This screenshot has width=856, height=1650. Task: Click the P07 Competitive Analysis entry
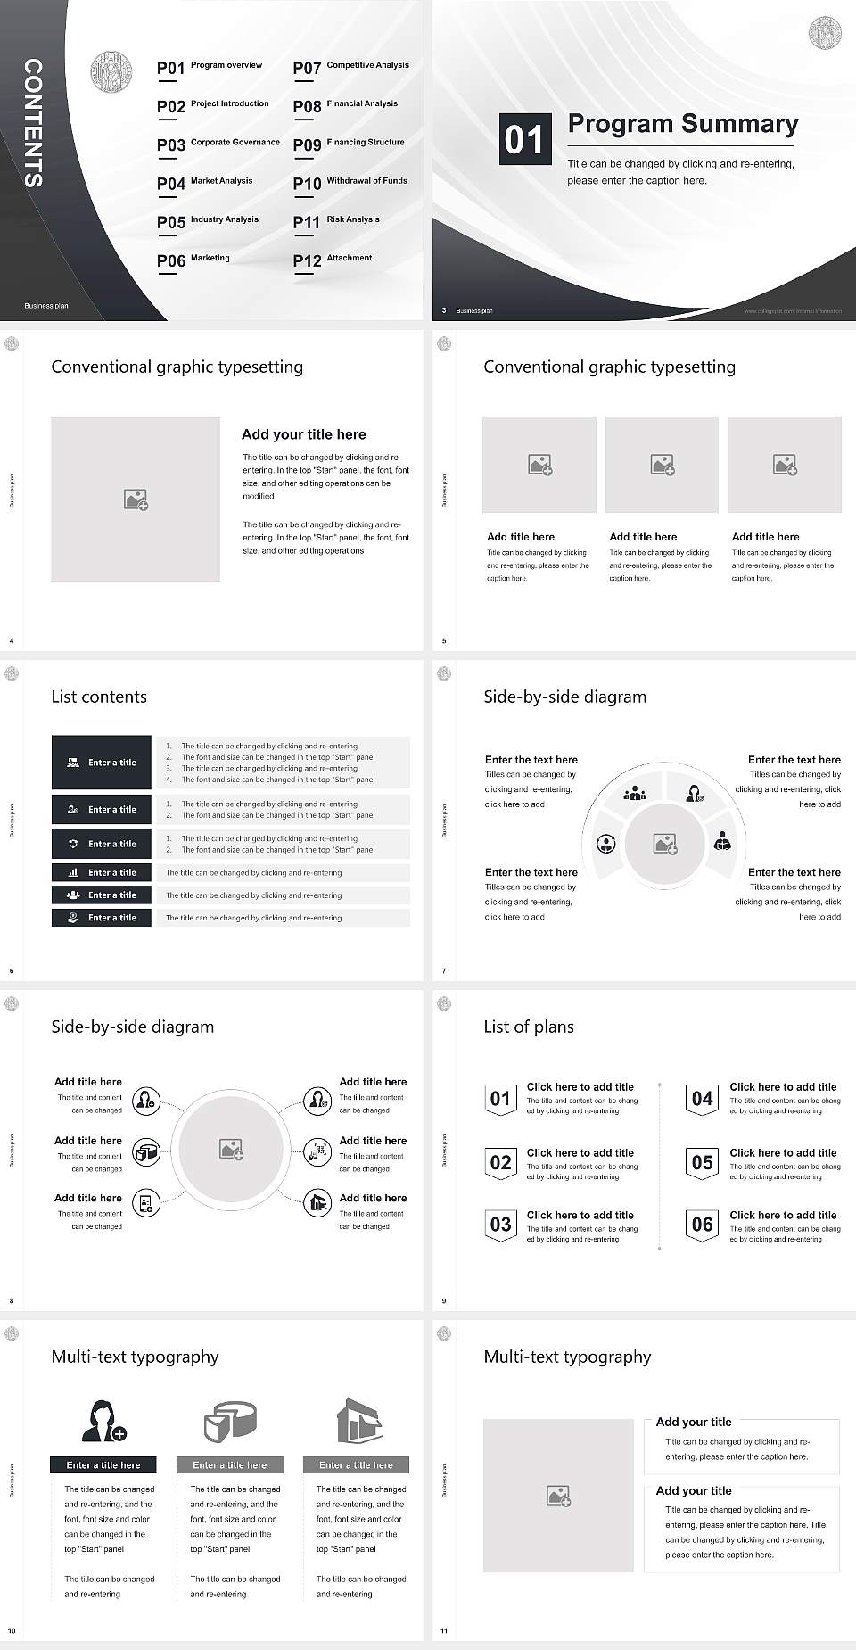click(351, 67)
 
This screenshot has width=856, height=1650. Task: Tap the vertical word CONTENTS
click(33, 123)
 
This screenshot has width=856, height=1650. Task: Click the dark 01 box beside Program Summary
click(523, 139)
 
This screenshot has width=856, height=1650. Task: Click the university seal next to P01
click(111, 72)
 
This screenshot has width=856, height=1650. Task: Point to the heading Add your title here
click(303, 434)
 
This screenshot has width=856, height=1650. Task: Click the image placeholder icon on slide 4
click(136, 499)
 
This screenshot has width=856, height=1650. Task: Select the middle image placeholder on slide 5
click(662, 465)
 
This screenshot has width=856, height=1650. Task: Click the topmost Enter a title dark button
click(102, 763)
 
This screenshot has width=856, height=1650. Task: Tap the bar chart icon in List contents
click(73, 873)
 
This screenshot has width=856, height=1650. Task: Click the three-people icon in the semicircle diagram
click(635, 792)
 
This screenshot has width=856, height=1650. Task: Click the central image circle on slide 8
click(232, 1150)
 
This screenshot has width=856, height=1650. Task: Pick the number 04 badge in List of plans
click(703, 1099)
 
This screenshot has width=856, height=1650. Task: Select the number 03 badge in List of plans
click(500, 1225)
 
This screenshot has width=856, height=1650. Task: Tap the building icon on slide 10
click(358, 1420)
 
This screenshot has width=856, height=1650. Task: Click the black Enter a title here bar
click(103, 1464)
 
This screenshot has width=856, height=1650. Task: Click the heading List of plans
click(529, 1027)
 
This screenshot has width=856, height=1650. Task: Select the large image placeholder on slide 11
click(559, 1496)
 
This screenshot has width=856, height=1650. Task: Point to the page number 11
click(444, 1631)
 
